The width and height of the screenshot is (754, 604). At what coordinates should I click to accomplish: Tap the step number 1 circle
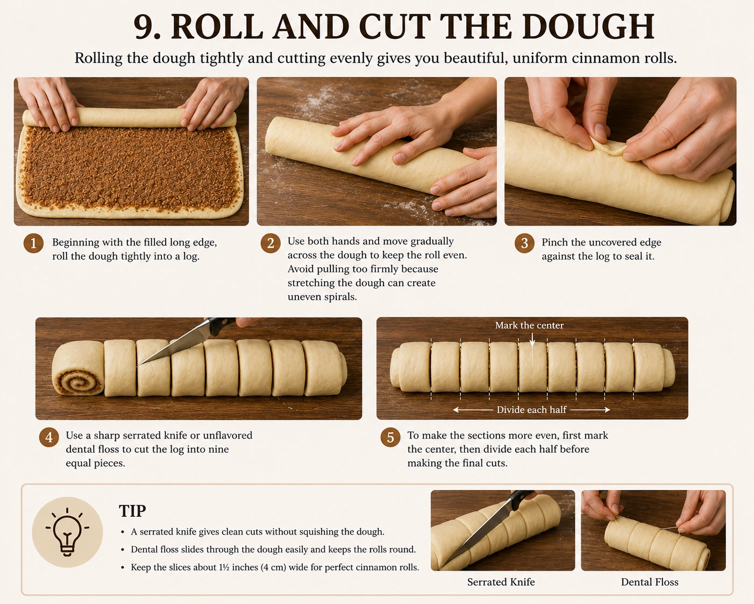34,243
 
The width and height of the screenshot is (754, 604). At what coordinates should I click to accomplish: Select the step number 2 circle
271,243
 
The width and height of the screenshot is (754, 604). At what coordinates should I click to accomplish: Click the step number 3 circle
524,243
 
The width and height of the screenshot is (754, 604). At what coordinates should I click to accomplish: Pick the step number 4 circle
49,437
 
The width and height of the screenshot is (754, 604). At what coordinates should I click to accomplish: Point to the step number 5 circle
390,437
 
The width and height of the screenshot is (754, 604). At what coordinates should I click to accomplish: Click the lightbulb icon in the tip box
67,532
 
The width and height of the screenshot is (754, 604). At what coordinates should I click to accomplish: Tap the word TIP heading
132,511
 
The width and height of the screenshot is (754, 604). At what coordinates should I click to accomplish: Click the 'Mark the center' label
529,325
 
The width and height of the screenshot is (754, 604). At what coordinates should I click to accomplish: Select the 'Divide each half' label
531,410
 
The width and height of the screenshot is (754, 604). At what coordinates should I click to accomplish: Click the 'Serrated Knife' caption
501,582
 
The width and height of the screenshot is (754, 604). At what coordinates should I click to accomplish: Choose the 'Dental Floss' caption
650,582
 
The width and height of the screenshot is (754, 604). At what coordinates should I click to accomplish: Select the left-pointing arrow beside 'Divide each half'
473,410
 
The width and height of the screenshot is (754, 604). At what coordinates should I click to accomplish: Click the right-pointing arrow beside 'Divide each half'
590,410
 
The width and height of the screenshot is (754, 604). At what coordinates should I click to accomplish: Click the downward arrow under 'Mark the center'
532,340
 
